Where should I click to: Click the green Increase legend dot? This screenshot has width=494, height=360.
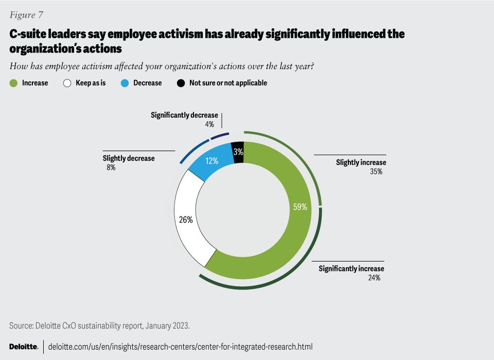pos(14,83)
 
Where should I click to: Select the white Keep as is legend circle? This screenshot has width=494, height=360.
pos(67,83)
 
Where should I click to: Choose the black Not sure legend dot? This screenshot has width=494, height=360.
pos(181,83)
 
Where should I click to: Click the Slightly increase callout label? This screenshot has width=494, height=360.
pos(361,163)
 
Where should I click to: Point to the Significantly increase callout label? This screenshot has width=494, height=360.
pos(351,269)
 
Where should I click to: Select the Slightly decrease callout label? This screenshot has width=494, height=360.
pos(129,159)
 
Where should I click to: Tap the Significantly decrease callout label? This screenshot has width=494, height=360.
pos(184,115)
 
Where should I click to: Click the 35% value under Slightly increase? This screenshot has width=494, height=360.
pos(376,172)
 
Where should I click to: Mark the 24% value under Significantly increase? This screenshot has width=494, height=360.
pos(374,278)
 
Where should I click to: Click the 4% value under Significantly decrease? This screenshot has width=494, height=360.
pos(208,124)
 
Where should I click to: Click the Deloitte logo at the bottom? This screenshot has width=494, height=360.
pos(24,347)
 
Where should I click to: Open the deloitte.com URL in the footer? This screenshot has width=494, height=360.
pos(180,347)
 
